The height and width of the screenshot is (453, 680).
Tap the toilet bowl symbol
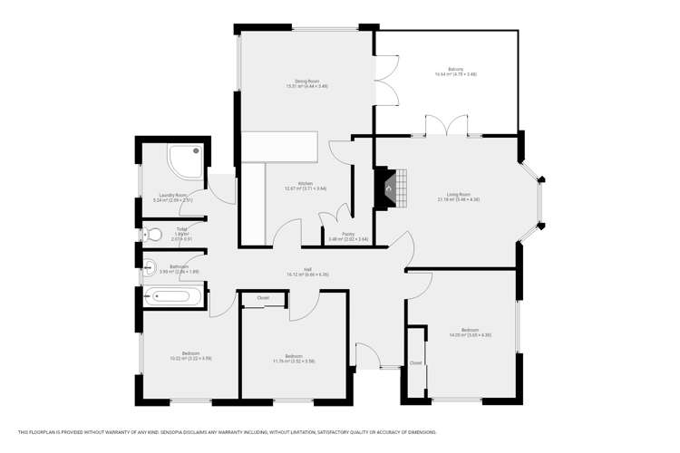click(153, 235)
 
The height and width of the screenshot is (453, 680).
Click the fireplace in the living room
click(388, 188)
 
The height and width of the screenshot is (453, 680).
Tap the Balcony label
click(450, 71)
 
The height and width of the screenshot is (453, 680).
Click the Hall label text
click(307, 268)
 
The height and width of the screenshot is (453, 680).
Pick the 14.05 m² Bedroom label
click(469, 332)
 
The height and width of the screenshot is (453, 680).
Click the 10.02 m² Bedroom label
click(190, 355)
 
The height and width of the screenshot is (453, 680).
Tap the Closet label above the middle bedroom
click(263, 297)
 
